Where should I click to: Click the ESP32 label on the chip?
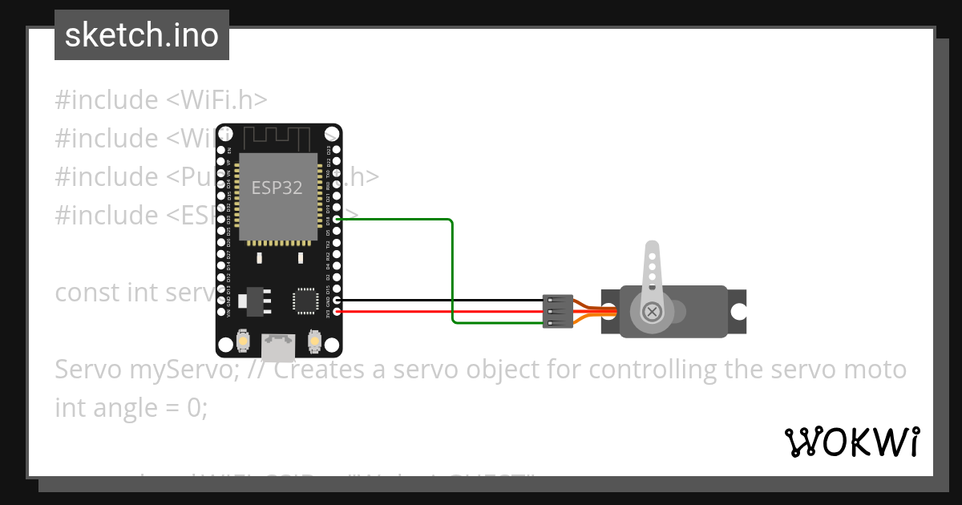[x=277, y=188]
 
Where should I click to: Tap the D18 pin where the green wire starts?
[x=337, y=219]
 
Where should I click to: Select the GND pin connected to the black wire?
[x=337, y=301]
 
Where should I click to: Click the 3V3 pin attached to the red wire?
[x=337, y=312]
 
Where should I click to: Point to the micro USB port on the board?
[x=277, y=345]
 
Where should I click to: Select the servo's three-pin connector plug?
[x=557, y=311]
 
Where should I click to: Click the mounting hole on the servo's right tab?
[x=738, y=312]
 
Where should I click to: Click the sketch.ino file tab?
[x=142, y=35]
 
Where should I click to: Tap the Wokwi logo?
[x=851, y=442]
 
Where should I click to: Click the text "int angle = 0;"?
[x=131, y=407]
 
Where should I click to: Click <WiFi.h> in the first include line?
[x=216, y=99]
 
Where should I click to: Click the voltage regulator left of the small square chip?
[x=256, y=300]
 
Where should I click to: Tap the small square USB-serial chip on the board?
[x=305, y=300]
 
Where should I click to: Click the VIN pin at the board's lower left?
[x=222, y=312]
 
